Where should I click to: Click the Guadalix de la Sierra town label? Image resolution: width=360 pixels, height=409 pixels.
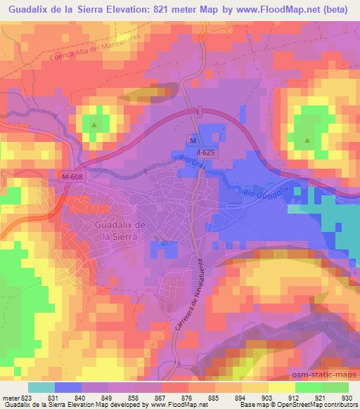120,230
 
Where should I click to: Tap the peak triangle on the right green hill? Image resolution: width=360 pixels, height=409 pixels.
307,141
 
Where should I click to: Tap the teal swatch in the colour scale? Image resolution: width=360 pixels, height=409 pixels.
42,387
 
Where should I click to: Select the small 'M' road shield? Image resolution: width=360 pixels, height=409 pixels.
191,138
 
